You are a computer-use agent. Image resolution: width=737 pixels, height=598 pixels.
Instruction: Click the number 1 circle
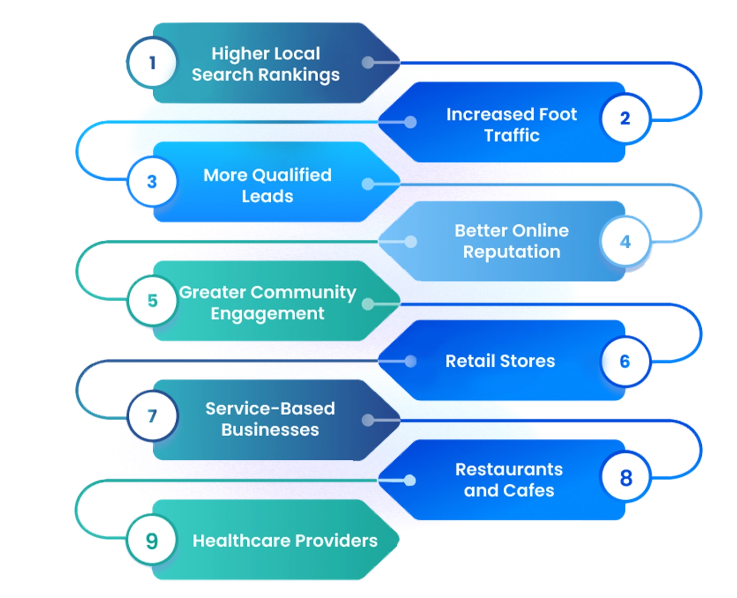152,62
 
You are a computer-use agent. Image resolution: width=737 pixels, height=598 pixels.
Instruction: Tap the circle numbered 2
625,118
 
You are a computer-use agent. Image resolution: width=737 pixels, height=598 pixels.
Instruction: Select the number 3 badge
152,182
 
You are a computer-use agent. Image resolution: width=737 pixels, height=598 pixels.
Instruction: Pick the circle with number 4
625,242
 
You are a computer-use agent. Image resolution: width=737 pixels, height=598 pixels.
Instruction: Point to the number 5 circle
152,301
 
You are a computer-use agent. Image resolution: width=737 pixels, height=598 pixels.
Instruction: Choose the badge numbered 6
625,361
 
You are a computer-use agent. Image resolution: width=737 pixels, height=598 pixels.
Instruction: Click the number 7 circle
152,416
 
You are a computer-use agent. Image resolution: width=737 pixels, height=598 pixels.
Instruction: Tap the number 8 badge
625,477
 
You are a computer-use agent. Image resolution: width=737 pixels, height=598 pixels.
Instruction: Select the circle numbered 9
152,540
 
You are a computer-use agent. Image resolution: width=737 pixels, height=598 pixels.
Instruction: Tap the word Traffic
512,136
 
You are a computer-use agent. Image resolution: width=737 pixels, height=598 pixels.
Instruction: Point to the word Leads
268,196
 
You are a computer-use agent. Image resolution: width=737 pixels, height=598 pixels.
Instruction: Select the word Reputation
512,252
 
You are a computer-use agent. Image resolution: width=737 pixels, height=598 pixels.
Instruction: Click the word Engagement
268,313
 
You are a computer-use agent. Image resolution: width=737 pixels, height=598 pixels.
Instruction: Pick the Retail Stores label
500,361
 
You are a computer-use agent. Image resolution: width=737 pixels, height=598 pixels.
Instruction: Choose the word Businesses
270,430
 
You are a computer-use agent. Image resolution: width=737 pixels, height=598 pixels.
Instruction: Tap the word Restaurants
509,469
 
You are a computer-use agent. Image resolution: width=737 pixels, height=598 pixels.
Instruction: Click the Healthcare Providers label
285,541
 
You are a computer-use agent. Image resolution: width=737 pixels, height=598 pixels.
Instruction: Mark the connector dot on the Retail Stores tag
410,361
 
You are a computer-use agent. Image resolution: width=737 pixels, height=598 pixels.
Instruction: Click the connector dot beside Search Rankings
368,62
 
